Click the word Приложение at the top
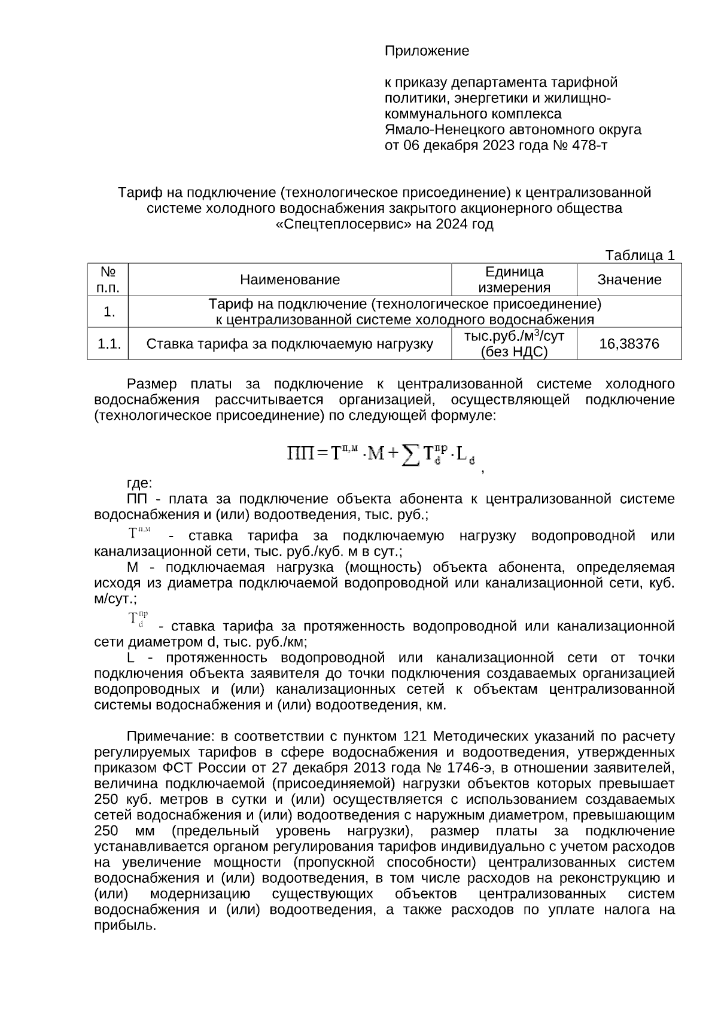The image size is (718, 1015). pos(427,51)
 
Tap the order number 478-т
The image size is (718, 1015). pos(589,145)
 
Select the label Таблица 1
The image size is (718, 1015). pos(640,255)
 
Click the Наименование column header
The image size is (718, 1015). pos(290,279)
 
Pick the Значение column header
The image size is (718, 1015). pos(629,279)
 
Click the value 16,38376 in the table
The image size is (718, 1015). pos(629,344)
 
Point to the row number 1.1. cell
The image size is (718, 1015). pos(108,344)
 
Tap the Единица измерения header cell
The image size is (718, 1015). pos(514,279)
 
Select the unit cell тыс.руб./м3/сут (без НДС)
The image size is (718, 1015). pos(514,344)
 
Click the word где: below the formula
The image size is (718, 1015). pos(140,483)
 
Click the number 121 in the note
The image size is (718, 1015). pos(416,736)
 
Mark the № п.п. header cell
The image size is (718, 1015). pos(108,279)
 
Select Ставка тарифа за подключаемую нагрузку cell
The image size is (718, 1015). pos(290,344)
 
